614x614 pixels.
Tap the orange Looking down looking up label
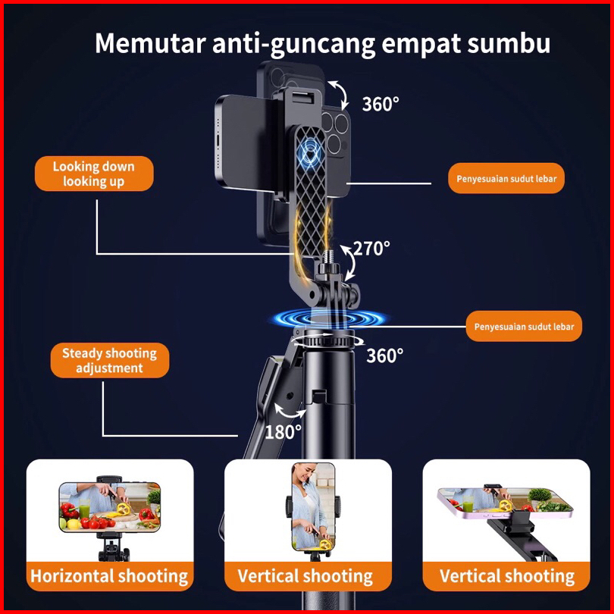tap(94, 174)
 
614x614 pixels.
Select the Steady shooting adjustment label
tap(109, 361)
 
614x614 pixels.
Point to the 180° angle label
tap(283, 432)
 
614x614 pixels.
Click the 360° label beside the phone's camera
tap(380, 104)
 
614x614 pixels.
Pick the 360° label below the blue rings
tap(385, 355)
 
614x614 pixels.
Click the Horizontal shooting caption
tap(109, 576)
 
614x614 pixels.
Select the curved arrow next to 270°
tap(349, 259)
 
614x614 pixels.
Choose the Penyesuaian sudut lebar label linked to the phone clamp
tap(506, 179)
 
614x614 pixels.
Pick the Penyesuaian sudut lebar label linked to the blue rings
tap(524, 327)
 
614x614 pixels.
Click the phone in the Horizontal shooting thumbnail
tap(110, 507)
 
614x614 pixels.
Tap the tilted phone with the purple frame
tap(505, 501)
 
